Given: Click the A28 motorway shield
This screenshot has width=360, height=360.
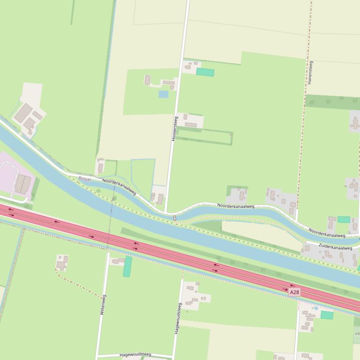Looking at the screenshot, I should (x=294, y=292).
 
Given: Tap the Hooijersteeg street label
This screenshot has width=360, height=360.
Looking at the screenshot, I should (x=174, y=129).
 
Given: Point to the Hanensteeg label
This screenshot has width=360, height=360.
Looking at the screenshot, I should (x=309, y=72).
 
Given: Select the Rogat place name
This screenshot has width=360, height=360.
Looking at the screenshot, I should (x=85, y=179).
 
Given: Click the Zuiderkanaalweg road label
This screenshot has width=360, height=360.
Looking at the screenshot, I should (x=335, y=247).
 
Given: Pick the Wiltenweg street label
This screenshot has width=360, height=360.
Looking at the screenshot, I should (x=103, y=304).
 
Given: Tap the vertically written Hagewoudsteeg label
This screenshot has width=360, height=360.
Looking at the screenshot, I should (x=178, y=318).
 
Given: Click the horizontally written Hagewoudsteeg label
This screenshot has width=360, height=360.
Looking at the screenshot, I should (x=135, y=355).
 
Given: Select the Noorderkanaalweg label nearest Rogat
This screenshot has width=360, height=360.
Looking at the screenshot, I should (x=119, y=186).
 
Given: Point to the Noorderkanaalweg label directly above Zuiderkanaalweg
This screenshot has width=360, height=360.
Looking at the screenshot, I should (x=327, y=232).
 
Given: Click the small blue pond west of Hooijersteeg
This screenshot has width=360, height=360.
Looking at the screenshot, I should (x=163, y=94).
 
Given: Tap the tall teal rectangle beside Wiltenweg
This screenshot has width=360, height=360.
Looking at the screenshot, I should (x=127, y=266).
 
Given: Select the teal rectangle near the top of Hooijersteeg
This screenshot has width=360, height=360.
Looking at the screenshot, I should (x=205, y=72).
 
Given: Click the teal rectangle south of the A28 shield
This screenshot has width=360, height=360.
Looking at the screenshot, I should (x=327, y=315).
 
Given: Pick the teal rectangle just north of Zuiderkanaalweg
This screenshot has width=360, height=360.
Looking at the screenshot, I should (x=344, y=219).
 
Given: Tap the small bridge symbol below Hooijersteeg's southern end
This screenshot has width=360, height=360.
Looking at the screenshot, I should (x=175, y=217).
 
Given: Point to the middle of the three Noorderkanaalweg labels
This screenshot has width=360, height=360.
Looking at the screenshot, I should (x=235, y=206).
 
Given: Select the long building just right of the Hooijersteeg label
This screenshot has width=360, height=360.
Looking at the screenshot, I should (x=191, y=125).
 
